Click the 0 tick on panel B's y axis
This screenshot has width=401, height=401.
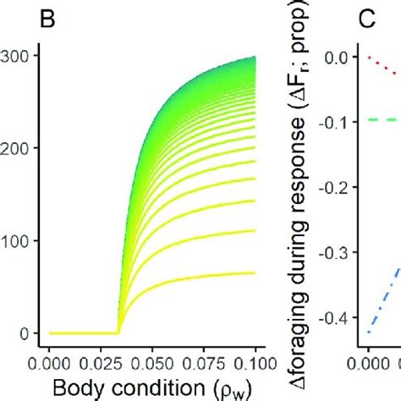tap(27, 333)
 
